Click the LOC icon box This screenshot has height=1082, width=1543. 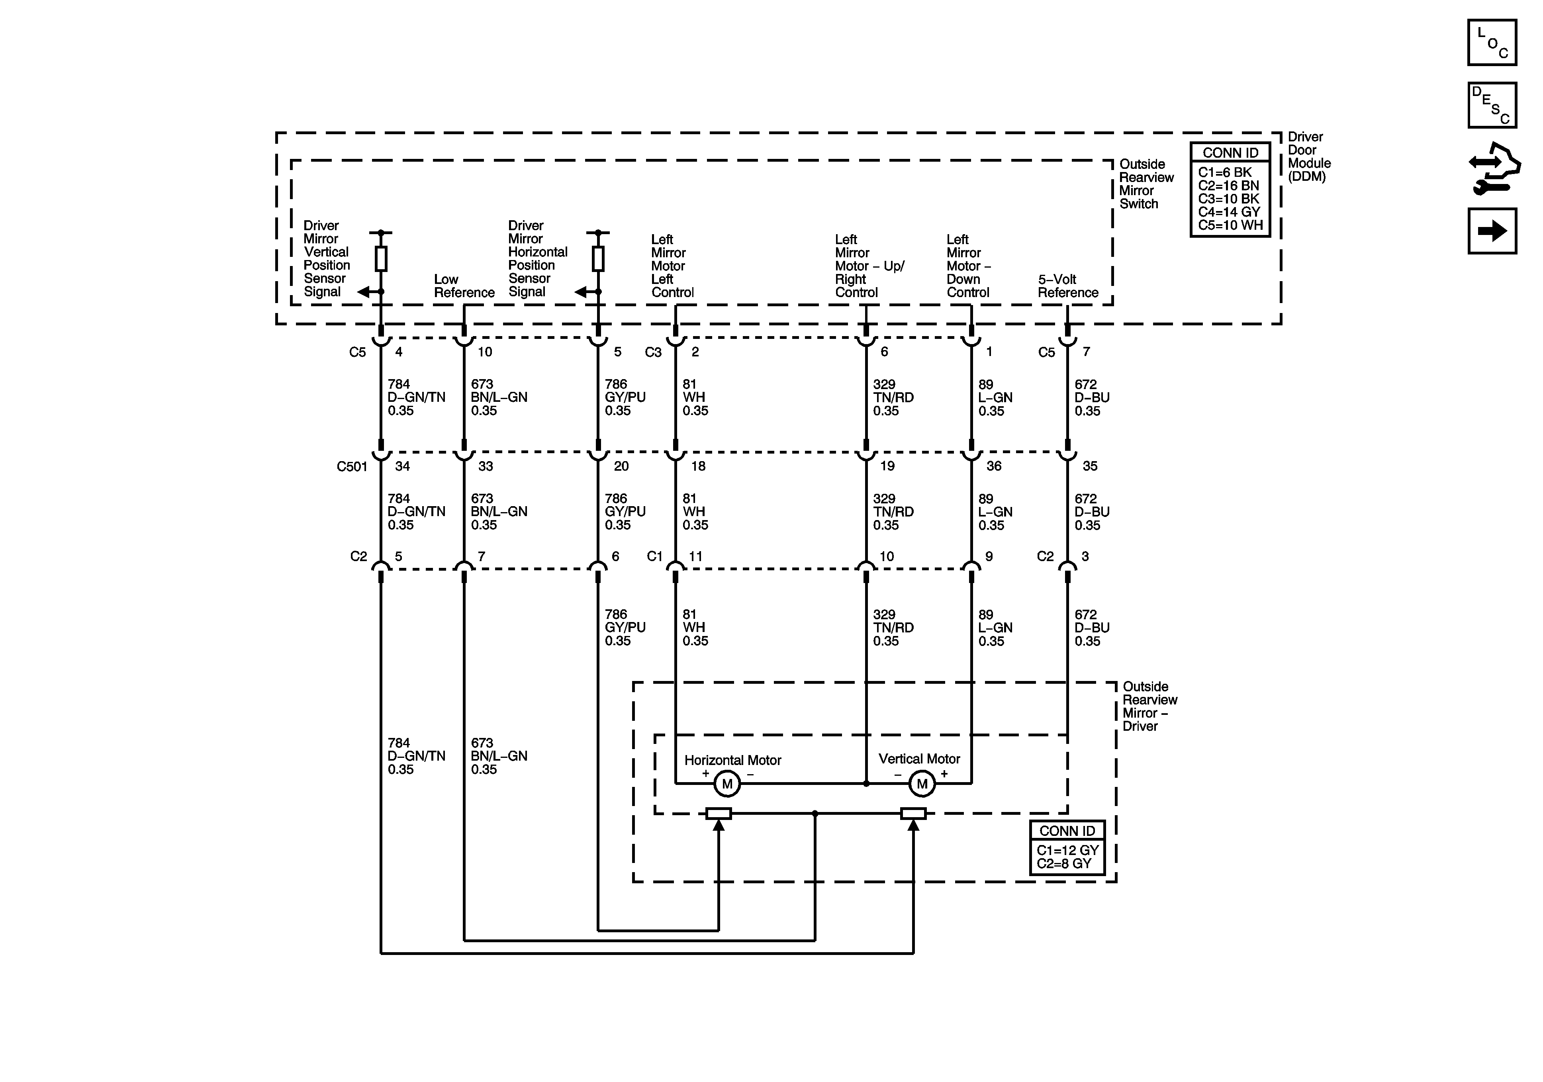(1492, 42)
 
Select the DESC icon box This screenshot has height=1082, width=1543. (1492, 105)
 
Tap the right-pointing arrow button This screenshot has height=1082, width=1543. (1492, 231)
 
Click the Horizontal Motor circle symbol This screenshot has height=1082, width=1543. (726, 784)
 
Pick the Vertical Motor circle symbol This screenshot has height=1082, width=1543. (922, 784)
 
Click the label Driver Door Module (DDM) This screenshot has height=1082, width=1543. (1308, 157)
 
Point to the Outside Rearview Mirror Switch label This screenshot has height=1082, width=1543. (1146, 184)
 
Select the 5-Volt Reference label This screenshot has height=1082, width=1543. (1067, 286)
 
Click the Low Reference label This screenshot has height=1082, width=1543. (464, 286)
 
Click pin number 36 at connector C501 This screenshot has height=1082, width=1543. (993, 466)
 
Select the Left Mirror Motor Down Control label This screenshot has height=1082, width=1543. (968, 266)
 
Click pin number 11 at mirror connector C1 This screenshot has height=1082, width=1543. (695, 556)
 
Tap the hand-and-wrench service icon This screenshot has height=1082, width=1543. (1493, 168)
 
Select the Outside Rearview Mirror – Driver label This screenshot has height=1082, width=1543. (1149, 706)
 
